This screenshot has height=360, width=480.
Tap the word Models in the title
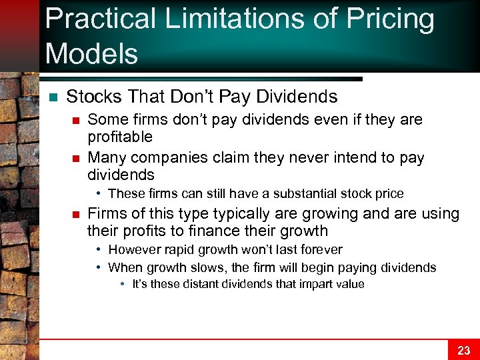(x=91, y=53)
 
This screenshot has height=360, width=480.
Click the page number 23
(x=464, y=350)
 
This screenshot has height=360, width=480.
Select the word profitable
(x=120, y=137)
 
